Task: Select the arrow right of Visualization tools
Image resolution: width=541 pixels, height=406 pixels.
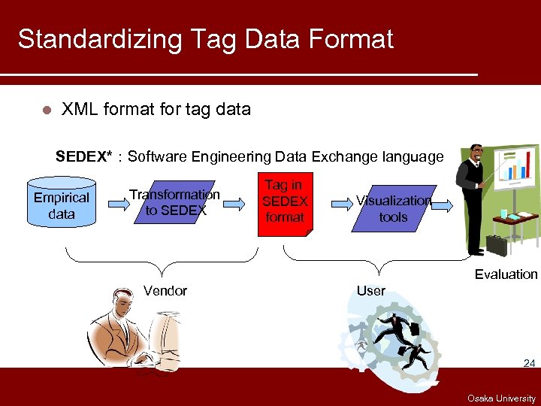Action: tap(443, 205)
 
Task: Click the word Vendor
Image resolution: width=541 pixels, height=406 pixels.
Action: tap(165, 291)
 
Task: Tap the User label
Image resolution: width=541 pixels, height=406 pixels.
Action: tap(371, 291)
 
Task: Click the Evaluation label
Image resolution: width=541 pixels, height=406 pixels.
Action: tap(506, 274)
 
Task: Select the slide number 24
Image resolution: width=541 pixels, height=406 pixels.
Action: tap(529, 364)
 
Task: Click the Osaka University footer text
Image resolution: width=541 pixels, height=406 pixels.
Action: tap(501, 398)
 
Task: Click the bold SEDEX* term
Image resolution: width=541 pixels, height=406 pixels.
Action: tap(84, 156)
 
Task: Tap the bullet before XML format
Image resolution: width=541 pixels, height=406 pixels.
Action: tap(46, 110)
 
